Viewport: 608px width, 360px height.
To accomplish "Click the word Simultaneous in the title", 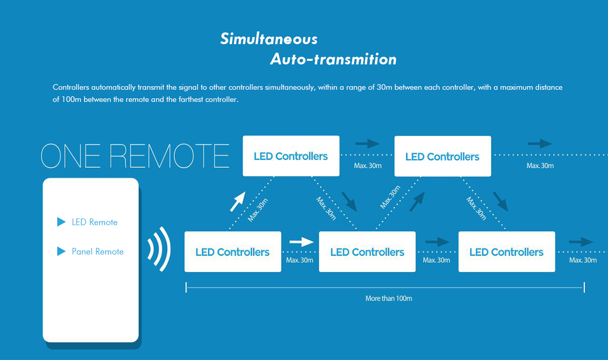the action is point(269,39).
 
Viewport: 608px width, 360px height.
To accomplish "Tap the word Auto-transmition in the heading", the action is point(333,59).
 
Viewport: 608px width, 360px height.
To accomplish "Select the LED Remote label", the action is point(94,222).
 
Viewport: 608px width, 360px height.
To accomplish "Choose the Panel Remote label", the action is point(97,251).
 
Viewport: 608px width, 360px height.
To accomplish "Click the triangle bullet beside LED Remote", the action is point(61,222).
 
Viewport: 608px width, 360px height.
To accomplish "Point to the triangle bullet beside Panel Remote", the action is point(61,251).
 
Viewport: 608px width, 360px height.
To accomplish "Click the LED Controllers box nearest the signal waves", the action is point(233,251).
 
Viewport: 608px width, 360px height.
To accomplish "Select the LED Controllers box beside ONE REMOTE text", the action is point(291,156).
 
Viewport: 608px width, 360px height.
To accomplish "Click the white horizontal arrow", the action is point(301,242).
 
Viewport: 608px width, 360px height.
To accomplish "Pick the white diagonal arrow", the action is point(238,201).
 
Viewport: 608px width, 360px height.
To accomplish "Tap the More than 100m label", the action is point(389,298).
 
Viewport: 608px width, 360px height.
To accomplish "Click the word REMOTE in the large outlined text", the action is point(169,156).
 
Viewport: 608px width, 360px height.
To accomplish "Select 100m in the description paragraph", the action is point(71,99).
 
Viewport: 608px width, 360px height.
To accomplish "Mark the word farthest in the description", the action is point(191,99).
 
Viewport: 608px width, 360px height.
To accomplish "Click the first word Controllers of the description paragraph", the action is point(71,87).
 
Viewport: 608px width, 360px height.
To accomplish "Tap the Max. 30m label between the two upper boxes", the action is point(367,165).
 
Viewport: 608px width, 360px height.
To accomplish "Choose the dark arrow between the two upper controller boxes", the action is point(367,143).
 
